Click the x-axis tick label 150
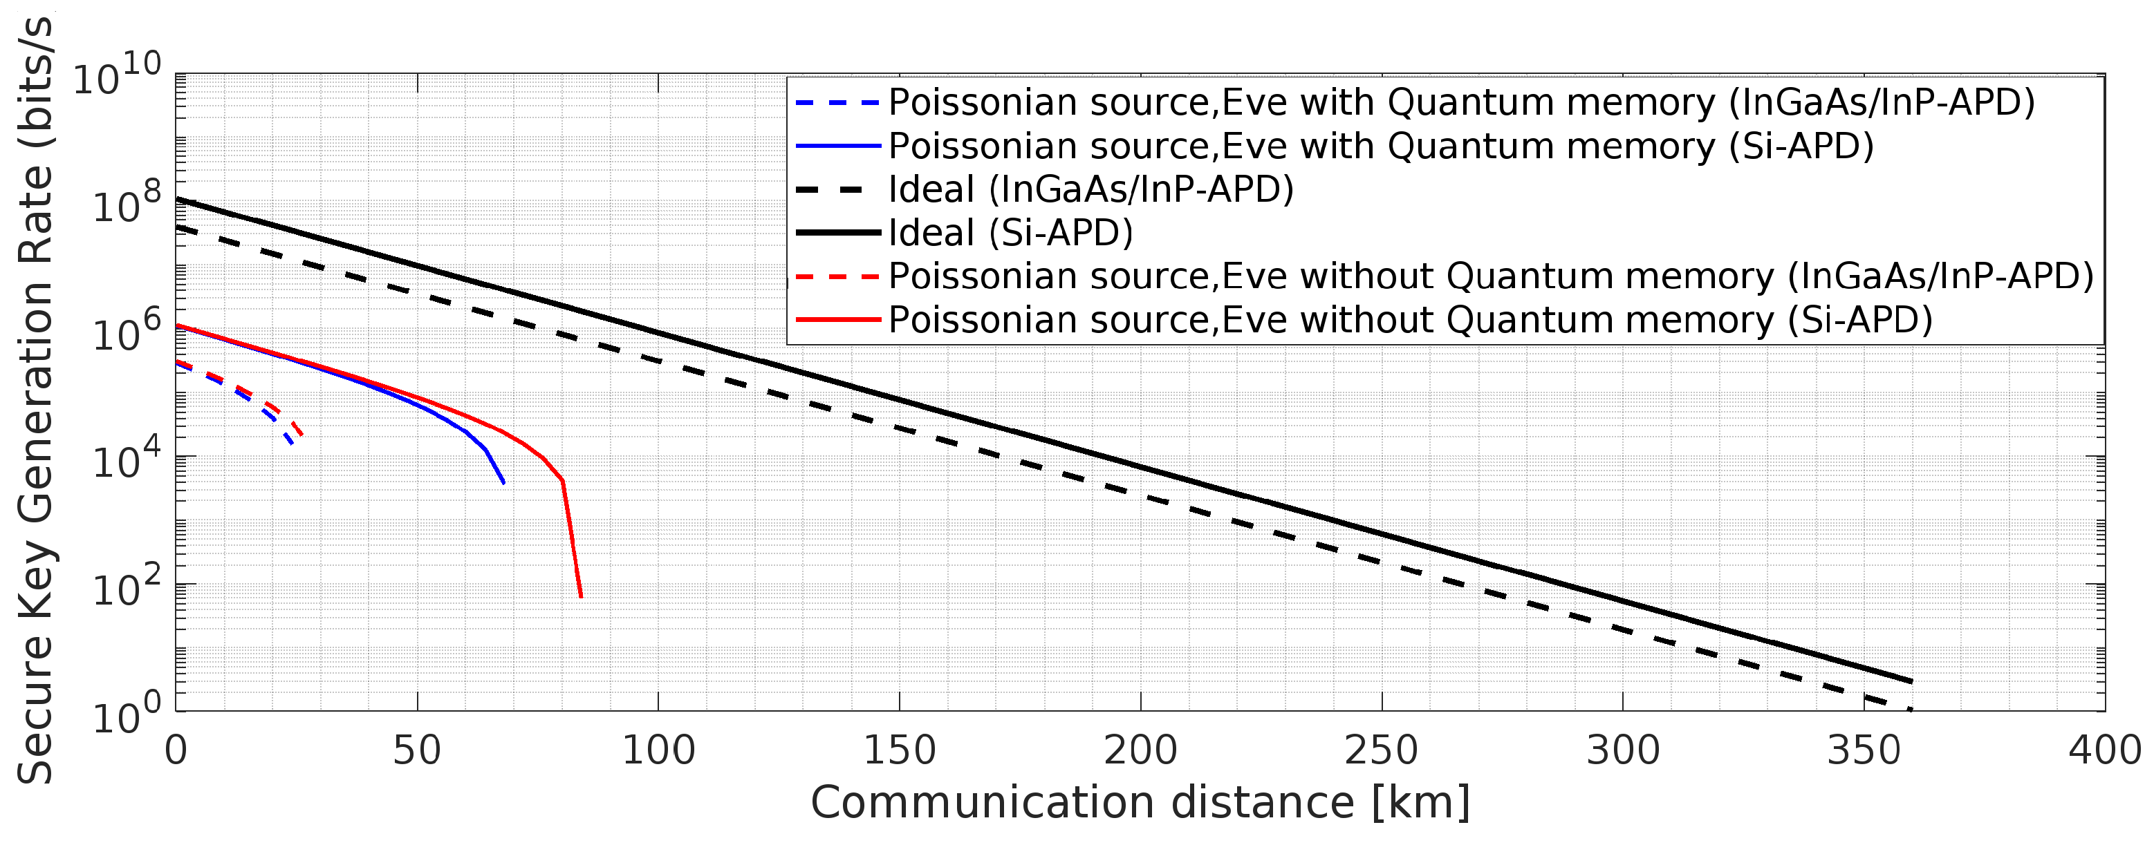pos(899,750)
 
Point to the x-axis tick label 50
pos(416,750)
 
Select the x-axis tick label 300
pos(1623,750)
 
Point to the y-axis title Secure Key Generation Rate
pos(35,401)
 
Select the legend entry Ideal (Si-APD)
pos(1010,232)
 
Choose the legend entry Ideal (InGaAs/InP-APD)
pos(1090,189)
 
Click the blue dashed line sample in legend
pos(838,103)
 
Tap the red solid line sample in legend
pos(838,319)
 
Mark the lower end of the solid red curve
pos(581,596)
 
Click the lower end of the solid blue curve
pos(503,483)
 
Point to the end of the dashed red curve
pos(301,435)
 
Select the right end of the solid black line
pos(1911,681)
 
